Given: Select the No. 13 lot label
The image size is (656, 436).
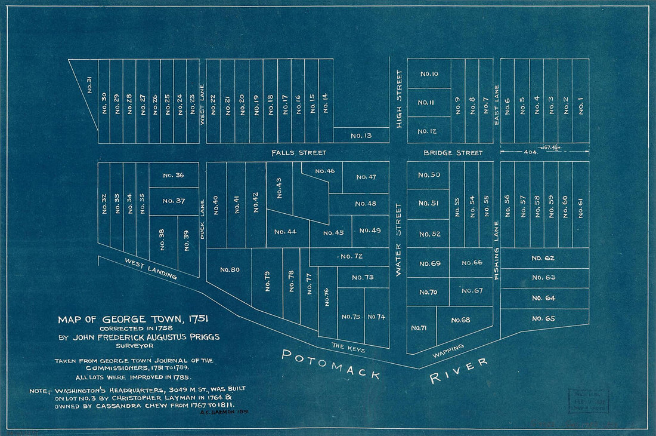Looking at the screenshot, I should [x=361, y=136].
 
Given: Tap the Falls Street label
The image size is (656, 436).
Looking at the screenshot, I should [x=298, y=153].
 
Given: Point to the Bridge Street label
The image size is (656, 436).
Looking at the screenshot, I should [x=453, y=153].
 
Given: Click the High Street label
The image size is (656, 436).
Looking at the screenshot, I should [x=399, y=99].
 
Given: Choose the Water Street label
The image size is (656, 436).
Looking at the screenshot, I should [x=399, y=239].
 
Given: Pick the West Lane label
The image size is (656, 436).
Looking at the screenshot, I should [x=203, y=103].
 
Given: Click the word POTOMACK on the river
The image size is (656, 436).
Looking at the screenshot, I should [x=332, y=364].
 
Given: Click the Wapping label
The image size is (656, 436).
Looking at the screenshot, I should [x=448, y=352].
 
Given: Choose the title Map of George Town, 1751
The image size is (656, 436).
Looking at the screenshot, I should [x=133, y=320].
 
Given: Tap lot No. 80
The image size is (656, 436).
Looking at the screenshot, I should [x=230, y=269].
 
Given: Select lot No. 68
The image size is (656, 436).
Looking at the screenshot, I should [x=460, y=320].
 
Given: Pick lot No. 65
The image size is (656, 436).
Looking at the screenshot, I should [x=543, y=318].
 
